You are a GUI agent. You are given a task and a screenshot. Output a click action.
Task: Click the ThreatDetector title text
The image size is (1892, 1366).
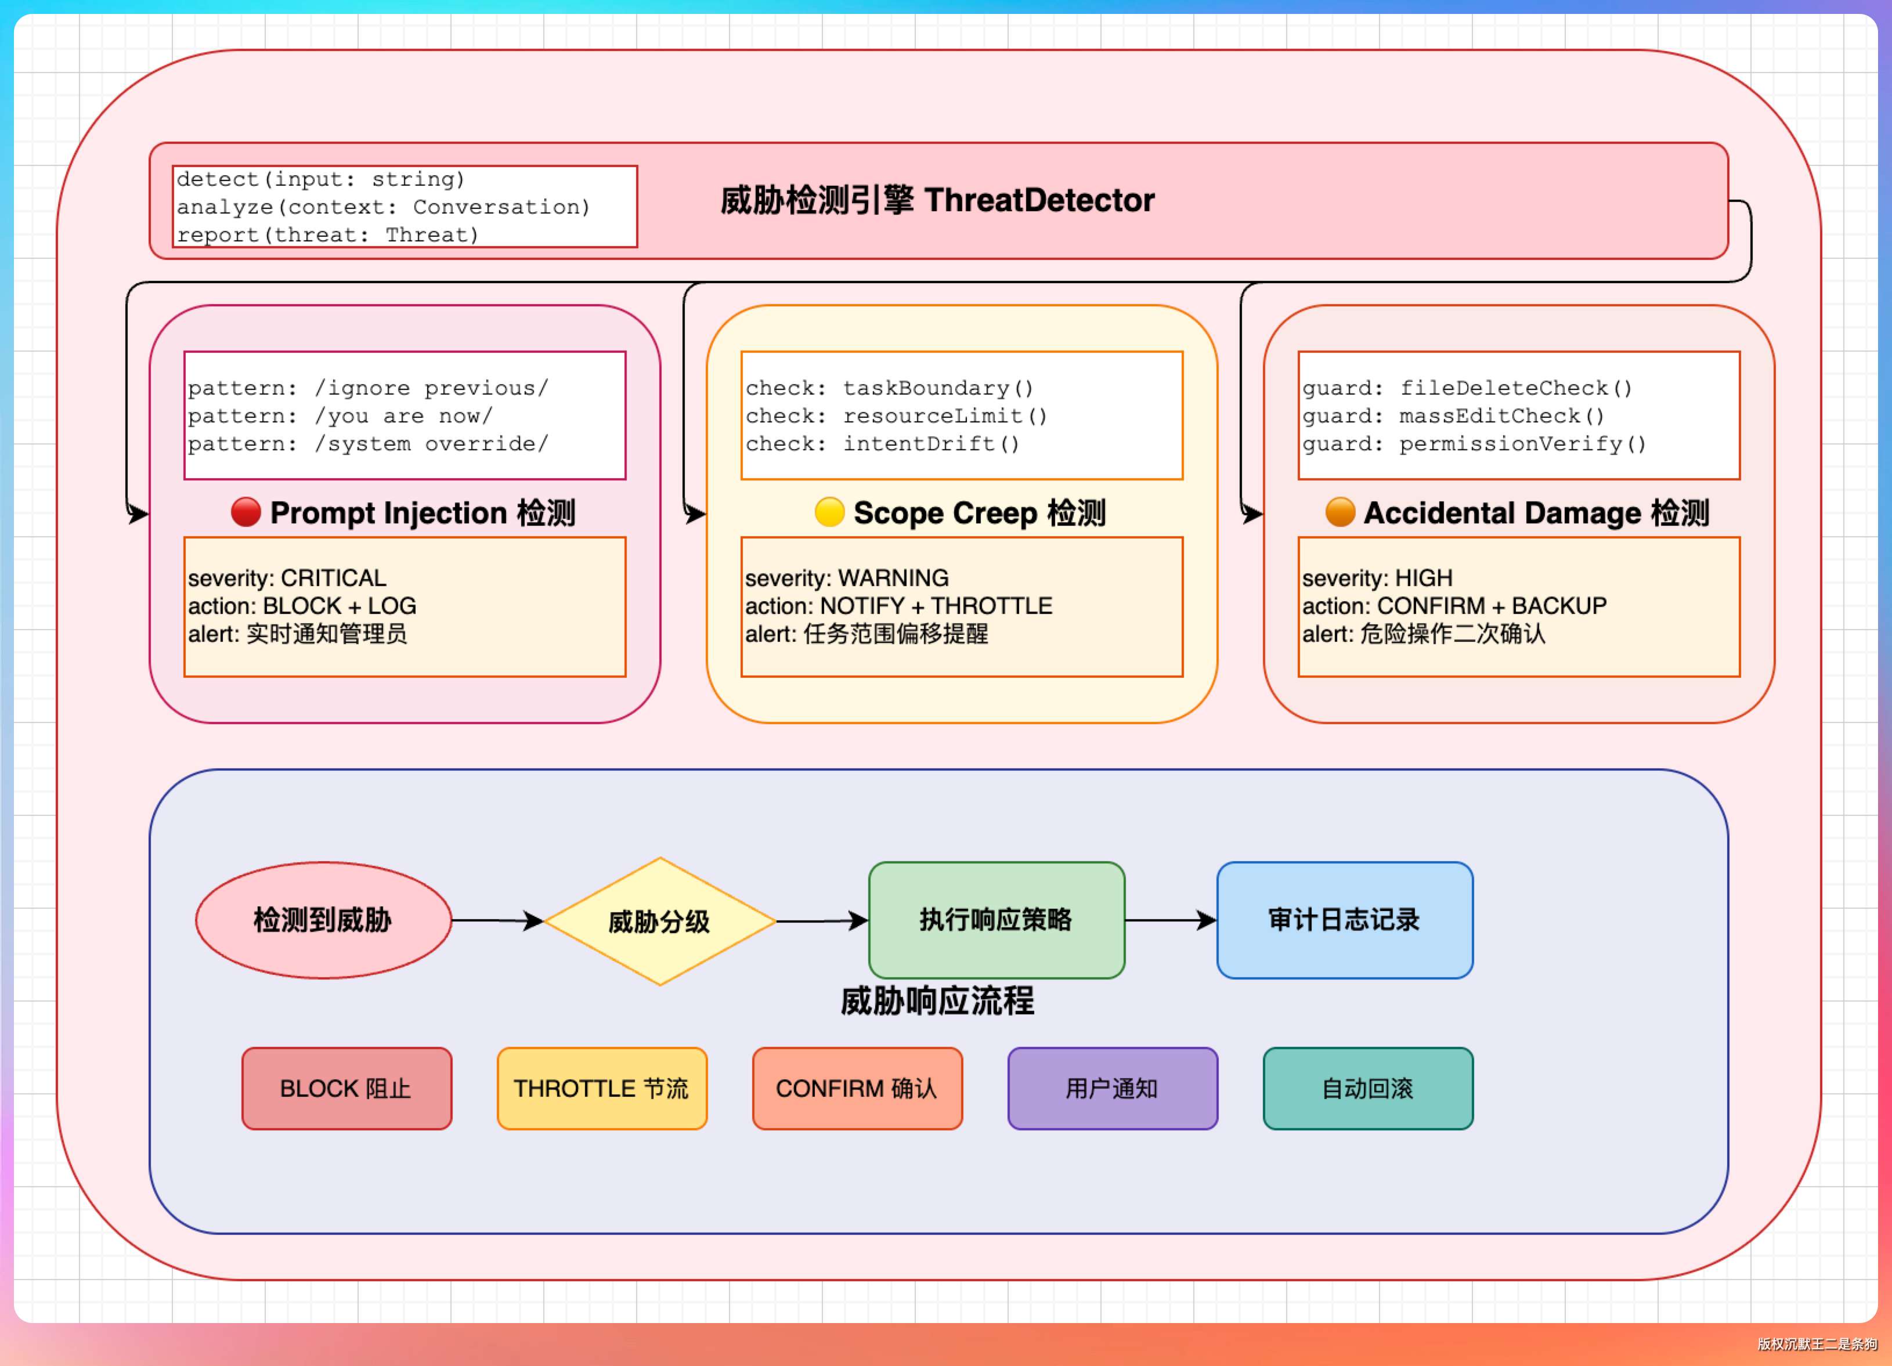tap(937, 200)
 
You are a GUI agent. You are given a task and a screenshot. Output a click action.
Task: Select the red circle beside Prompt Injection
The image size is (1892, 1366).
tap(246, 512)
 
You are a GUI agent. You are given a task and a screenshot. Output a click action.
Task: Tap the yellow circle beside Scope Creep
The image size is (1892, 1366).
tap(829, 512)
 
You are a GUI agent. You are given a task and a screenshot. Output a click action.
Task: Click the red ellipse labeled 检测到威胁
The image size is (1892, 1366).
tap(324, 920)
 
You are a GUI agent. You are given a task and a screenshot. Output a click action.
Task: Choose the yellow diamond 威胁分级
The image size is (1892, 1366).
tap(660, 921)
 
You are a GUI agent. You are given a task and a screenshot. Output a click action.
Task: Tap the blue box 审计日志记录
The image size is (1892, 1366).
tap(1345, 920)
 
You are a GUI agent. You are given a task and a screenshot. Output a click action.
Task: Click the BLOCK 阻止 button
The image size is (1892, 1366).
tap(347, 1088)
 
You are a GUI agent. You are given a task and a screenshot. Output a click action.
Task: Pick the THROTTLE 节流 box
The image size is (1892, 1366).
tap(602, 1088)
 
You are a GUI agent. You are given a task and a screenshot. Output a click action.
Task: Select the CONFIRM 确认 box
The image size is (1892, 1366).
tap(858, 1088)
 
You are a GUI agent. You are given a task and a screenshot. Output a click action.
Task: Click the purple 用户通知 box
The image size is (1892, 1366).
tap(1113, 1088)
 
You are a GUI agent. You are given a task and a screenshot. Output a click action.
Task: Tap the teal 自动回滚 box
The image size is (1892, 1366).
tap(1368, 1088)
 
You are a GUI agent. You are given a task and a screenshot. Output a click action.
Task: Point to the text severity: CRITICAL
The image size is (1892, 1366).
tap(287, 578)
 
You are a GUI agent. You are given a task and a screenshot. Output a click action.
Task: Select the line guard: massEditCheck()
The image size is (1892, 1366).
tap(1453, 415)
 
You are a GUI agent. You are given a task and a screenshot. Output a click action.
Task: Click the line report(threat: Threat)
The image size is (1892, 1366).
tap(328, 235)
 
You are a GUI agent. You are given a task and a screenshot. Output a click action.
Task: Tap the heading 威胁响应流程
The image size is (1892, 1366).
tap(937, 1001)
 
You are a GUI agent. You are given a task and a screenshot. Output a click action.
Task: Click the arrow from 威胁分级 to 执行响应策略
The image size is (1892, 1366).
tap(822, 921)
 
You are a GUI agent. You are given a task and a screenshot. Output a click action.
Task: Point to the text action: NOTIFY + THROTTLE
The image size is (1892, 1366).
tap(898, 605)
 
